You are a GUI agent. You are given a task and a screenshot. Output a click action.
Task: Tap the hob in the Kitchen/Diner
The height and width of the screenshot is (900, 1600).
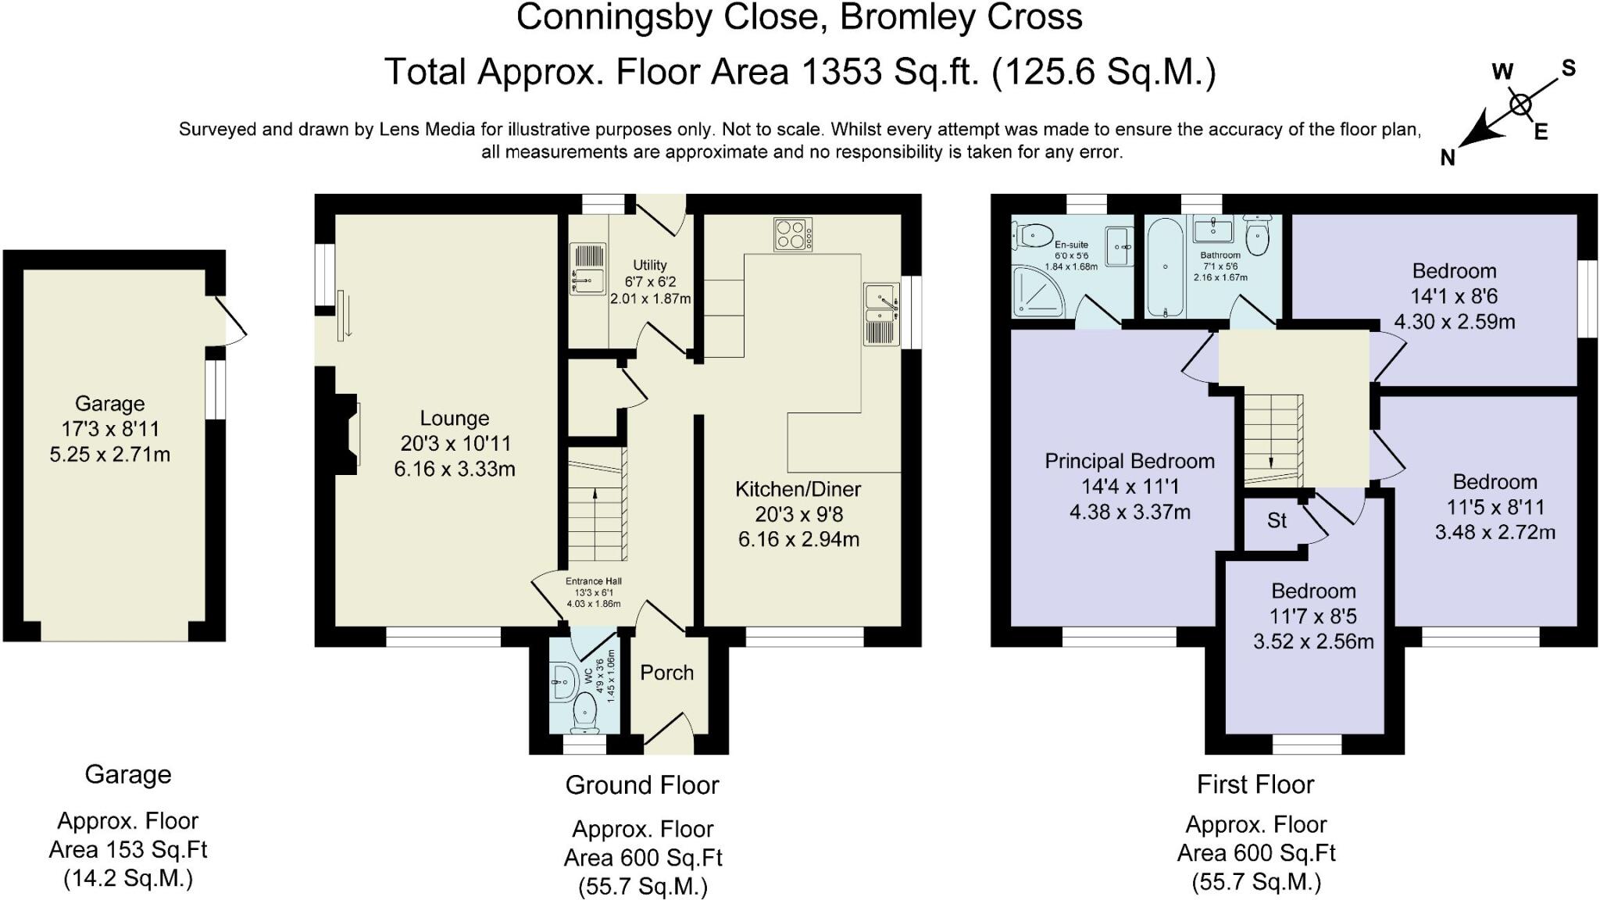[x=793, y=234]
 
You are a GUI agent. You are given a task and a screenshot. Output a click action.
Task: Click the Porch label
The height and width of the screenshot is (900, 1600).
[x=666, y=673]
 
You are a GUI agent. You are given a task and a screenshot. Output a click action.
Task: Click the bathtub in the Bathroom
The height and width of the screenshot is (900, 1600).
[x=1165, y=266]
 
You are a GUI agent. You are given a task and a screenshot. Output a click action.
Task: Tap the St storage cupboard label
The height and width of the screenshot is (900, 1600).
[x=1277, y=520]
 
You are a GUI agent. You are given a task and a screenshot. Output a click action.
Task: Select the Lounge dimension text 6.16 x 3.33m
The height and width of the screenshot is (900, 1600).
[x=455, y=469]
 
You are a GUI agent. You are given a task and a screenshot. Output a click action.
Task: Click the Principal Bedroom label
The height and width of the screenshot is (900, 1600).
[x=1130, y=461]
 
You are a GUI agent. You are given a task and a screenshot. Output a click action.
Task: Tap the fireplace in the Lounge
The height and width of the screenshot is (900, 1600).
[x=348, y=434]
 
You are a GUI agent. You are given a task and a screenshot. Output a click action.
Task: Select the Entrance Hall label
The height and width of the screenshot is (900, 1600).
[x=594, y=581]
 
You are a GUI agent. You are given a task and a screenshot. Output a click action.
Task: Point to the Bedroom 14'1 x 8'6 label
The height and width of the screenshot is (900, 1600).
[x=1454, y=271]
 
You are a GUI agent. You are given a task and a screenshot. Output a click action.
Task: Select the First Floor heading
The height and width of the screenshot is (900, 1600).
[x=1255, y=784]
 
